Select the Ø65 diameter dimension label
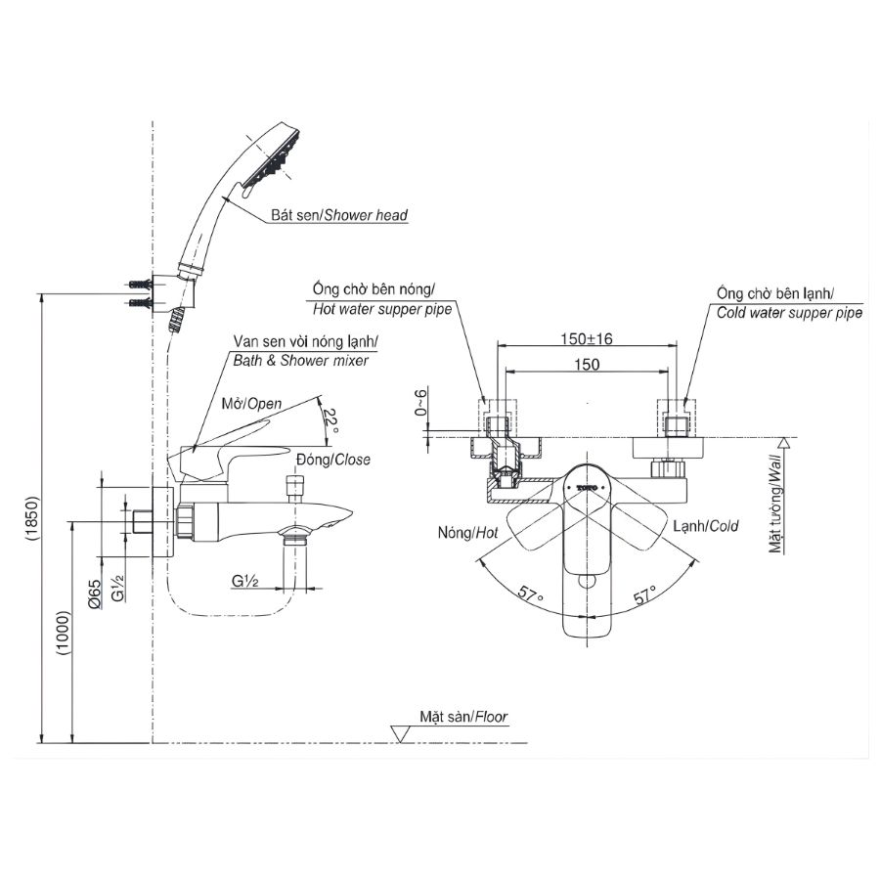[93, 594]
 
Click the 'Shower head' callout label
[339, 215]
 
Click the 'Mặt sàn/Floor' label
[463, 717]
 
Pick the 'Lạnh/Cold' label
[704, 526]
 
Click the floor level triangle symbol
[399, 733]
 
